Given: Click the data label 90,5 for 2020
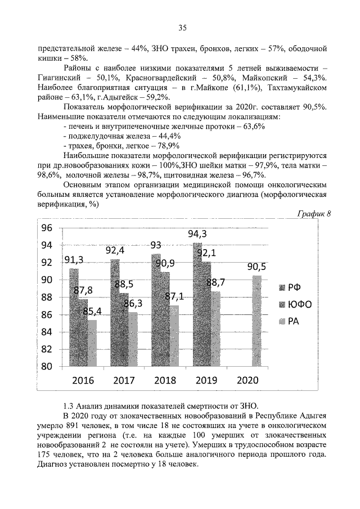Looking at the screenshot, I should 256,267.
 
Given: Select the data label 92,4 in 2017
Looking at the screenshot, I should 115,250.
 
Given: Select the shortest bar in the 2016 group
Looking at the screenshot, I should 92,343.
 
